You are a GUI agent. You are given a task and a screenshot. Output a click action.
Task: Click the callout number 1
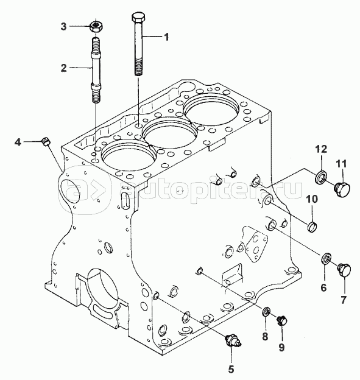click(166, 37)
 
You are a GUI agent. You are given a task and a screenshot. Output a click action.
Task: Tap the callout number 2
click(63, 68)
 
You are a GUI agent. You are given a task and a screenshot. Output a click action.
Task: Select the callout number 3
click(63, 26)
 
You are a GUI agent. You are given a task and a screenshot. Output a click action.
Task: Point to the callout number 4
click(18, 142)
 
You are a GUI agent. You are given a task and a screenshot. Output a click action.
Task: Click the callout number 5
click(231, 369)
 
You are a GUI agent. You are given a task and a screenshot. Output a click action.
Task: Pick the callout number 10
click(312, 199)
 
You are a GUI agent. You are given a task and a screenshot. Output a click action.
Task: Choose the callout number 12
click(321, 149)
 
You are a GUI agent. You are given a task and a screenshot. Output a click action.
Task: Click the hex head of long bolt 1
click(138, 18)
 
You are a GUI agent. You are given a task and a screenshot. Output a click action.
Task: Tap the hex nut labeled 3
click(96, 26)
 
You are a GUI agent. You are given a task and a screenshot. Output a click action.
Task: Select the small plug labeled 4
click(46, 141)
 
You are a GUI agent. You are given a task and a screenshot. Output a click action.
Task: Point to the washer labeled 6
click(326, 258)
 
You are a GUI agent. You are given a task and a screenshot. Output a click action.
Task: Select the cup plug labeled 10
click(313, 227)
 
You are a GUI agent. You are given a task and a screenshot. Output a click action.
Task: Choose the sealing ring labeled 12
click(321, 177)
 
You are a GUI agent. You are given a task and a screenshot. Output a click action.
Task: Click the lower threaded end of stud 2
click(96, 97)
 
